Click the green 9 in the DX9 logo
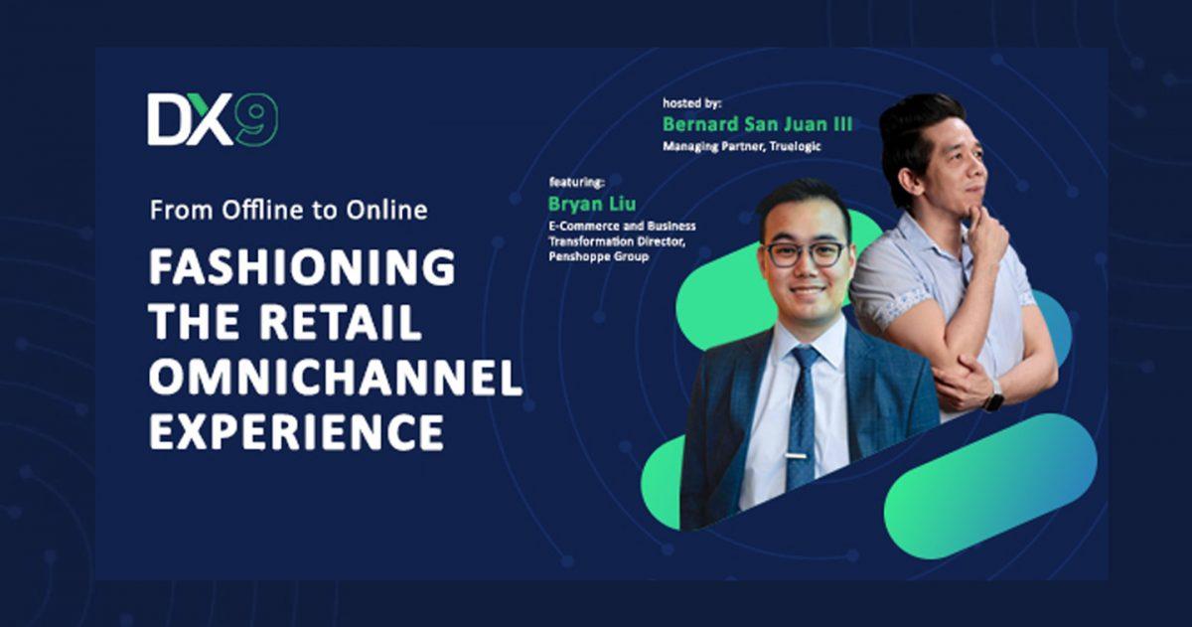[257, 120]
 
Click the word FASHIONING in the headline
[302, 266]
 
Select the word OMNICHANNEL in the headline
[336, 377]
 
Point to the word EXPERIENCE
[296, 432]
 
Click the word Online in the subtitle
[386, 210]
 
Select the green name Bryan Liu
[592, 204]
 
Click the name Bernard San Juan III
[757, 124]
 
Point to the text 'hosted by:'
[691, 103]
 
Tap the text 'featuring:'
[577, 182]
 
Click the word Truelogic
[795, 146]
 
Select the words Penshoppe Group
[599, 256]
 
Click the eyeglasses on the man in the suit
[807, 253]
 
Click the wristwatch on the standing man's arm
[993, 395]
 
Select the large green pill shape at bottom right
[990, 486]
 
